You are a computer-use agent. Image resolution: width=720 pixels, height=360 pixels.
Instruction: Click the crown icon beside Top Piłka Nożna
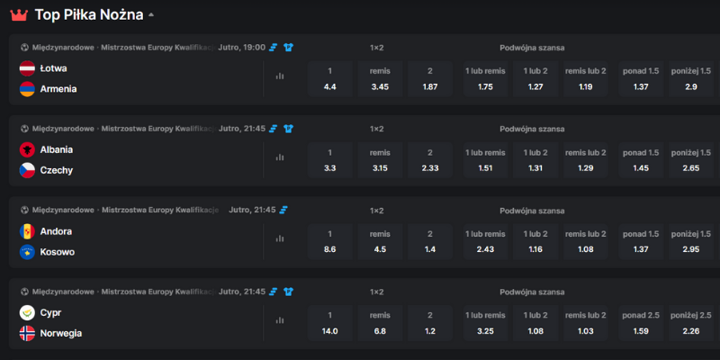click(x=19, y=15)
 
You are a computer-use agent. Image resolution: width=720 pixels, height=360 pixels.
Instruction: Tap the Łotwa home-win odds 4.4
click(x=329, y=79)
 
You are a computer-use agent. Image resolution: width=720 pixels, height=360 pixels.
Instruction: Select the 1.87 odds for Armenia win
click(x=430, y=79)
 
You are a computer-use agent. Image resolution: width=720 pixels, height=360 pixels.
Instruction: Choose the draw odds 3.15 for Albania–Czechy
click(x=380, y=160)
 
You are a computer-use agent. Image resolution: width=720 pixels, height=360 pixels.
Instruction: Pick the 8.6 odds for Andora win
click(x=329, y=242)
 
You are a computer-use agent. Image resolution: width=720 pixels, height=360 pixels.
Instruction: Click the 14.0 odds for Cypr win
click(x=329, y=323)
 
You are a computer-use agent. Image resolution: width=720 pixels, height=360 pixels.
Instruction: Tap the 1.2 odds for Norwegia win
click(x=430, y=323)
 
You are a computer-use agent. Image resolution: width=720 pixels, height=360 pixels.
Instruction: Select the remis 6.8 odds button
click(x=380, y=323)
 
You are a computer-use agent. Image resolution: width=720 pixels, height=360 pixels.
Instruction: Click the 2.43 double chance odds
click(x=486, y=242)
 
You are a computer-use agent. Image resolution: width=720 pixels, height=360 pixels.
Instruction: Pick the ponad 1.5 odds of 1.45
click(x=641, y=160)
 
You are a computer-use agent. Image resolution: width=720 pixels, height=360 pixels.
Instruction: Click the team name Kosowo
click(x=58, y=252)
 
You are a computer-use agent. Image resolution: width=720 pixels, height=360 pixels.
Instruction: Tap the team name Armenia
click(x=58, y=89)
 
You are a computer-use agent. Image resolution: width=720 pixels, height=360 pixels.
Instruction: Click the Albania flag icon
click(x=27, y=149)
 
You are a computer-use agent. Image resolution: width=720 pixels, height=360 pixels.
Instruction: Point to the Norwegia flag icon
click(x=27, y=333)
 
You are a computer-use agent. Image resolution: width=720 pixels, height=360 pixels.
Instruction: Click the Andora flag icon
click(x=27, y=231)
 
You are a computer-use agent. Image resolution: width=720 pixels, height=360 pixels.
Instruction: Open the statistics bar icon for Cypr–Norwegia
click(x=280, y=320)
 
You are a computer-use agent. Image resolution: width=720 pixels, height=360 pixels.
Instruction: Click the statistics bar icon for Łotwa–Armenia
click(x=280, y=76)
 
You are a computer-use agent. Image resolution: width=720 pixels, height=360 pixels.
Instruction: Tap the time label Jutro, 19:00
click(x=242, y=47)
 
